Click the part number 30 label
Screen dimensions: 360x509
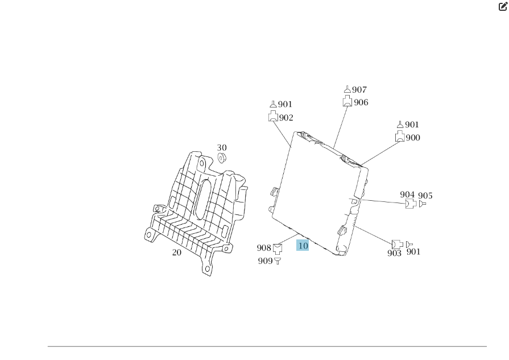click(x=222, y=148)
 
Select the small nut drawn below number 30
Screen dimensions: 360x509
click(x=222, y=157)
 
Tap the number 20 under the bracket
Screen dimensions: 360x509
click(x=177, y=253)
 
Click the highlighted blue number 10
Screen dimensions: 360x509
click(x=303, y=246)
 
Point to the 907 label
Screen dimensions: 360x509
click(x=359, y=90)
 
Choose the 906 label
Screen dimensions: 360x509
click(x=361, y=102)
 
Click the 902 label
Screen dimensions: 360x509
click(x=286, y=118)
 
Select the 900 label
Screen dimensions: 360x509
click(x=413, y=138)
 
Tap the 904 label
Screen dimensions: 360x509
click(x=407, y=195)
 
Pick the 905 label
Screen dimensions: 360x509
click(x=425, y=196)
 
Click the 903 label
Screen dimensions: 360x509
click(x=395, y=253)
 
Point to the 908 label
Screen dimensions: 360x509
click(x=264, y=248)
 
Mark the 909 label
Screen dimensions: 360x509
click(x=265, y=261)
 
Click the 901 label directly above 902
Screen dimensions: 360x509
click(x=285, y=105)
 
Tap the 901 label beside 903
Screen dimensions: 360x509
click(x=413, y=252)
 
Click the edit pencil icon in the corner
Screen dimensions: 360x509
click(x=502, y=7)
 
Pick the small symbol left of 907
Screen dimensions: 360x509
click(x=347, y=89)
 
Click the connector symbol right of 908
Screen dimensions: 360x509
click(x=278, y=248)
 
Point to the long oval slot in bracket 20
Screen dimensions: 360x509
click(x=201, y=199)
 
